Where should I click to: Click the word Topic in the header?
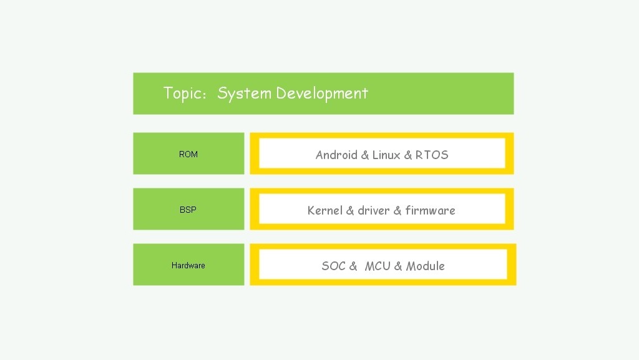pos(182,93)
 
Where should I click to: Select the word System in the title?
pos(244,94)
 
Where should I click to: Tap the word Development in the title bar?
pos(322,94)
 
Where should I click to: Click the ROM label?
pos(188,154)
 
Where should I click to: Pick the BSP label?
pos(188,210)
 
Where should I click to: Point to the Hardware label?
pos(188,266)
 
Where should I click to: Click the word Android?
pos(336,155)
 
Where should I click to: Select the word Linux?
pos(386,155)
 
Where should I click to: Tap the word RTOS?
pos(432,155)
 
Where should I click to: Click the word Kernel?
pos(324,210)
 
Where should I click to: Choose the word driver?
pos(374,210)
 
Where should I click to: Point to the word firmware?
pos(431,210)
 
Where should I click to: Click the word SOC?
pos(333,266)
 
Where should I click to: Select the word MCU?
pos(378,266)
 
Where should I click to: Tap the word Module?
pos(426,266)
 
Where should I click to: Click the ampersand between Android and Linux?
pos(364,155)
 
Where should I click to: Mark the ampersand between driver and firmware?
pos(398,210)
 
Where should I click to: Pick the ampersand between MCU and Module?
pos(398,266)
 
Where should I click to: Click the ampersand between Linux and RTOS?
pos(408,155)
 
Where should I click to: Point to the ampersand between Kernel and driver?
pos(350,210)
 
